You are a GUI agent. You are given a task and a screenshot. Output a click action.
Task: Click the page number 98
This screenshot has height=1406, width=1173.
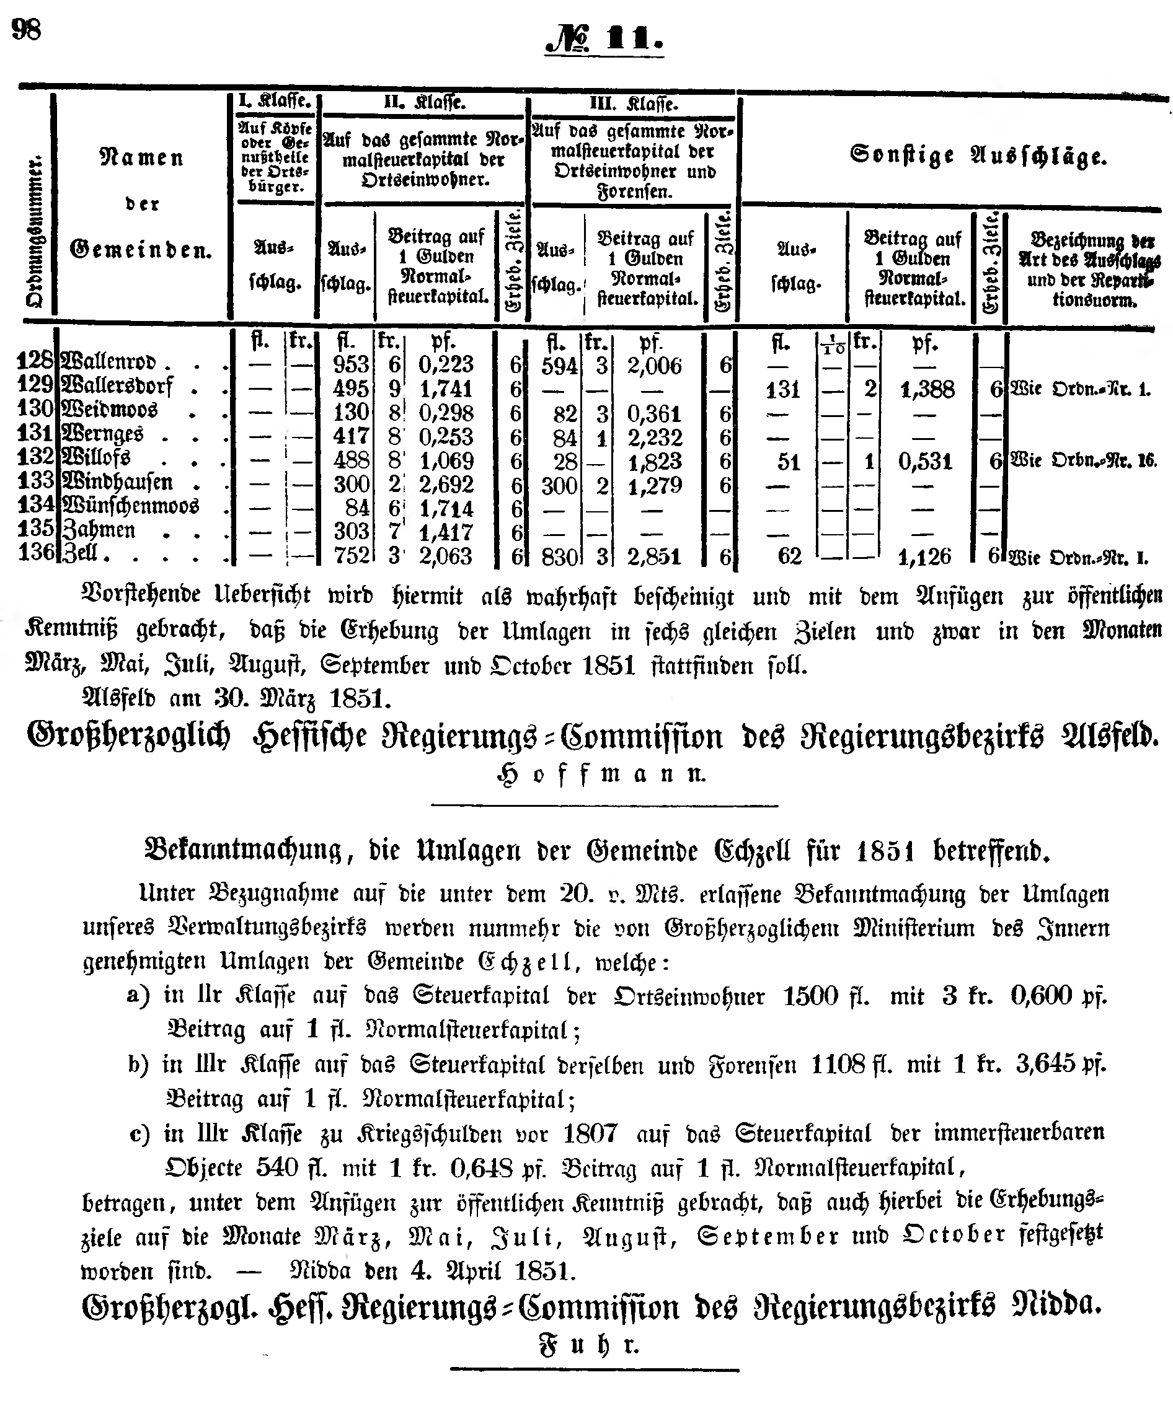[x=27, y=30]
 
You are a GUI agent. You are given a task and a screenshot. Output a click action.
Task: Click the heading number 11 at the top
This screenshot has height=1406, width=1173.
[x=634, y=40]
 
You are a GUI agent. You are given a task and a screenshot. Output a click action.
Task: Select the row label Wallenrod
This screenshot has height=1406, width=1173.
[x=108, y=363]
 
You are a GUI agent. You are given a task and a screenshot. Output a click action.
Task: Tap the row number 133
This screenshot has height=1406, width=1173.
[x=35, y=481]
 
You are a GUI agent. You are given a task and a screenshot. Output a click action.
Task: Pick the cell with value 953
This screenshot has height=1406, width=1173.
[x=351, y=364]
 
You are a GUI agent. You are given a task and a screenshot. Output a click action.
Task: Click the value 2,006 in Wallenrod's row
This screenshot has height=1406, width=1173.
[x=654, y=366]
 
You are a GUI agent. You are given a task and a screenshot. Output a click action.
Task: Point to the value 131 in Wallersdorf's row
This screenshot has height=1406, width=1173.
[x=782, y=389]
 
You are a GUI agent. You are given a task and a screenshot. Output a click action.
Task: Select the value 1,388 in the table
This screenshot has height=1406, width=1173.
[x=927, y=389]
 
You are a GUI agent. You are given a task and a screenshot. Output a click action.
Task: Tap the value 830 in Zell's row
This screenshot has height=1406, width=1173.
[x=559, y=556]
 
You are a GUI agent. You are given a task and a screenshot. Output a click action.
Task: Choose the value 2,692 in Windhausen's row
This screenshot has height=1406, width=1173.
[x=446, y=484]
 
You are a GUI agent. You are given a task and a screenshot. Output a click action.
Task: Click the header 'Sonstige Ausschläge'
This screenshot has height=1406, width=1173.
[x=978, y=156]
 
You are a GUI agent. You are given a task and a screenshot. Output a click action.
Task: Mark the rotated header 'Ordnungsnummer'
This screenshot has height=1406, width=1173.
[x=33, y=231]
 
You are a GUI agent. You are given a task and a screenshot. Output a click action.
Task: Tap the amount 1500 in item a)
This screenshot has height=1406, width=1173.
[x=810, y=996]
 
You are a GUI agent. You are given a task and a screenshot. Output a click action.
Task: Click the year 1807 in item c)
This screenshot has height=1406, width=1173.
[x=590, y=1133]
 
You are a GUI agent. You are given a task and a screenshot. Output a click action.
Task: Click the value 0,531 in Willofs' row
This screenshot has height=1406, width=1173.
[x=925, y=462]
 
